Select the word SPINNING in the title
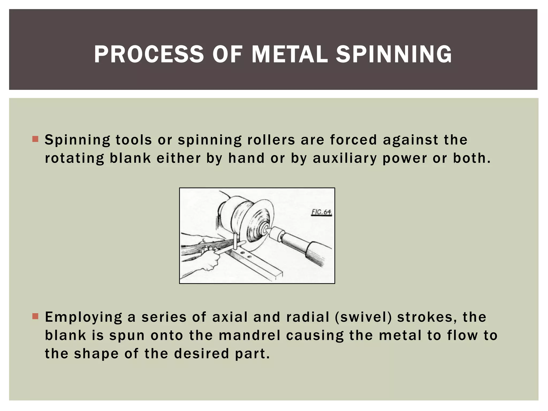coord(394,54)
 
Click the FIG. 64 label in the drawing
coord(321,212)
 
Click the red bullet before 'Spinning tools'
coord(35,139)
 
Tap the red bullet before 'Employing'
coord(35,316)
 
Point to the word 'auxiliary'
coord(345,158)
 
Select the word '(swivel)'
coord(363,317)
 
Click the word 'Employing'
coord(83,318)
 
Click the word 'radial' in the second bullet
coord(307,317)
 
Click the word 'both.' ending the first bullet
coord(472,158)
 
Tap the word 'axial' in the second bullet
coord(230,317)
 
